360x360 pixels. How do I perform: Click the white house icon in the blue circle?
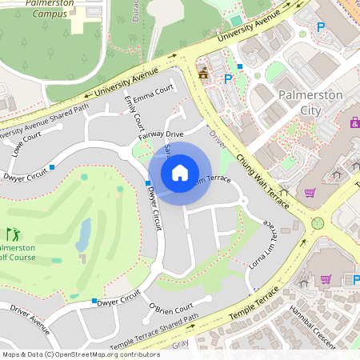coord(180,172)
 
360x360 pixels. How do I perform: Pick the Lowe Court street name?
coord(26,142)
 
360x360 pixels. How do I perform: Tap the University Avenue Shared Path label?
coord(45,120)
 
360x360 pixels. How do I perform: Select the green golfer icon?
coord(13,234)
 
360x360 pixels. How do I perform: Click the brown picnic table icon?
coord(203,72)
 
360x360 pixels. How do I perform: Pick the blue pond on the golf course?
coord(83,234)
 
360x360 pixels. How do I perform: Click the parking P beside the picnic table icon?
coord(228,78)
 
